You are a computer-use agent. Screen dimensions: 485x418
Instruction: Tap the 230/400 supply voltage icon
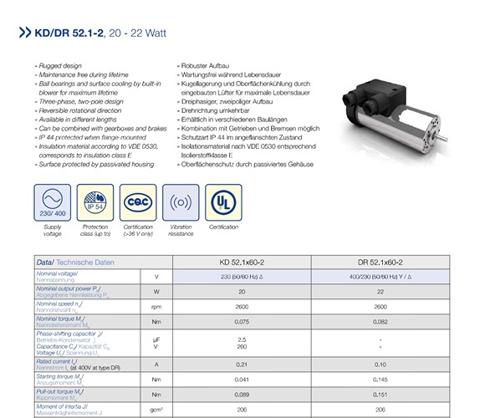52,202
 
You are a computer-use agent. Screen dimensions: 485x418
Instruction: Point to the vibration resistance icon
181,202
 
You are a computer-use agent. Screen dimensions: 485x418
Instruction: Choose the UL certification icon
224,202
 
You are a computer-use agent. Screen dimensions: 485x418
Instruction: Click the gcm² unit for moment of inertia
156,409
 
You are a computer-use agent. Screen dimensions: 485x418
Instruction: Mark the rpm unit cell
156,307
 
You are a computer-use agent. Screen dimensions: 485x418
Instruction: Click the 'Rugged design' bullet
59,64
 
